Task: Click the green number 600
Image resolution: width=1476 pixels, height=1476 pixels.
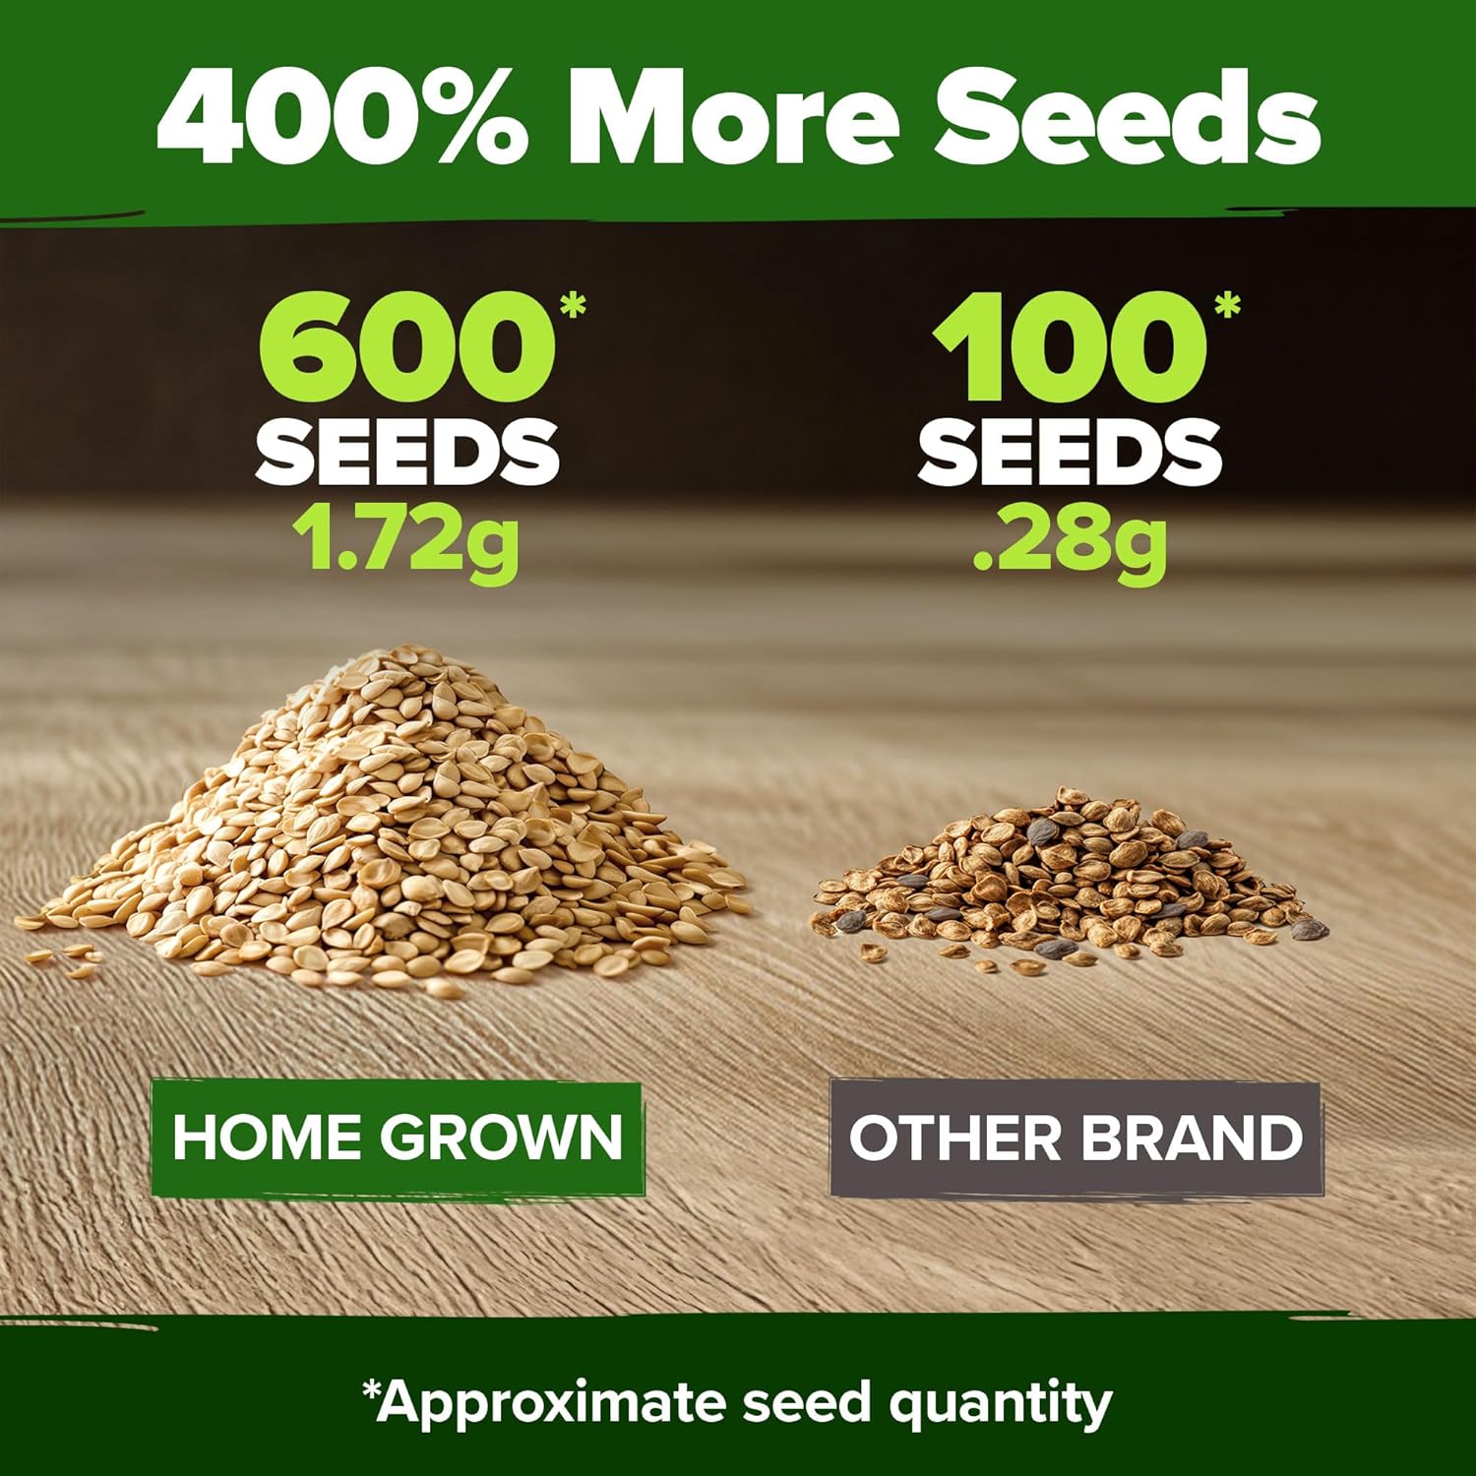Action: [x=405, y=347]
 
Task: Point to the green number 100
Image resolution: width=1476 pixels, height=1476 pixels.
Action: [x=1070, y=347]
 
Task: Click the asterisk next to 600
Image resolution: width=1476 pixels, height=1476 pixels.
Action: [x=572, y=306]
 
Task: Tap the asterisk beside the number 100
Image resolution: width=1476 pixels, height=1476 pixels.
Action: [x=1227, y=306]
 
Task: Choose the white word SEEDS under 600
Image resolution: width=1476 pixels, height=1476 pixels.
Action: [x=407, y=452]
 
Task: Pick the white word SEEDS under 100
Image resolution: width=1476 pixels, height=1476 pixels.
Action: [x=1071, y=452]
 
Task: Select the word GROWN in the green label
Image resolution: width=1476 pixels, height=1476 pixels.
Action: [x=502, y=1137]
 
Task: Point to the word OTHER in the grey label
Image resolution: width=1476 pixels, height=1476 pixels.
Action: [x=956, y=1138]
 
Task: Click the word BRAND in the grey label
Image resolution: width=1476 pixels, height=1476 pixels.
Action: [x=1192, y=1138]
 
